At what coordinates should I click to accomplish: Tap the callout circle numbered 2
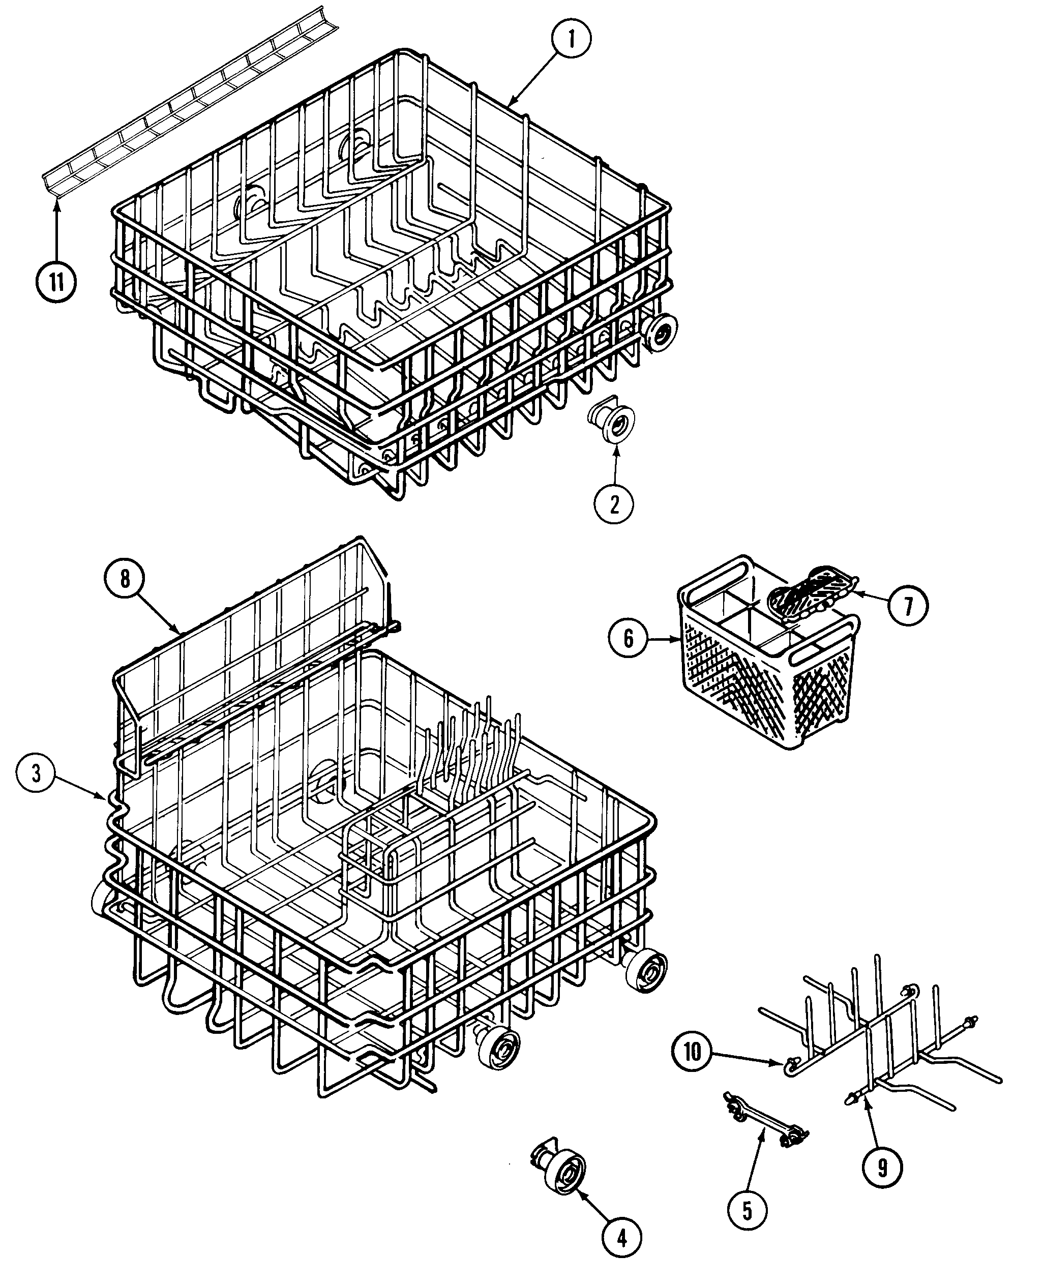613,504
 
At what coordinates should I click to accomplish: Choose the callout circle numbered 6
628,638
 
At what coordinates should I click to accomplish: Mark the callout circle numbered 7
908,606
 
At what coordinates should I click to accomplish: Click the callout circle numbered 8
125,579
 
